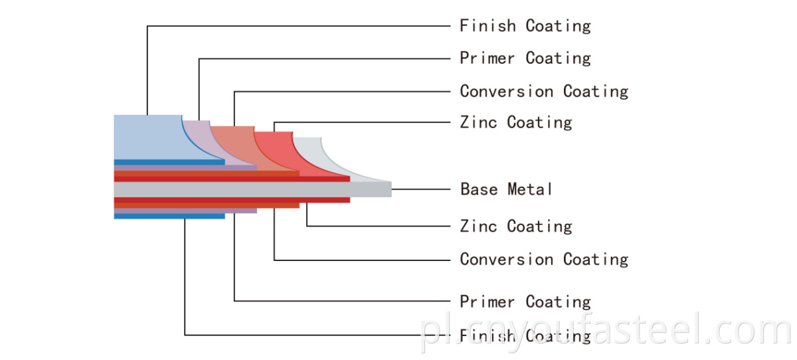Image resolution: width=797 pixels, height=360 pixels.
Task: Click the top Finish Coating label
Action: (x=525, y=26)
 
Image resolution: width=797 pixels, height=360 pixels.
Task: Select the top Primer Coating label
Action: (x=525, y=58)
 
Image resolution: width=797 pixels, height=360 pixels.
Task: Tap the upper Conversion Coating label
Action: (x=544, y=92)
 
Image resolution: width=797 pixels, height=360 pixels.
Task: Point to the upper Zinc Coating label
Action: (x=516, y=122)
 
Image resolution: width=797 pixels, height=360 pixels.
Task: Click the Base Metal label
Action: (x=506, y=189)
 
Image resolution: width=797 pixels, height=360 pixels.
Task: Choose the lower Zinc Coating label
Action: (x=516, y=226)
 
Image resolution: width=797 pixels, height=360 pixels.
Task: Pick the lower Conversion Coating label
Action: (x=544, y=259)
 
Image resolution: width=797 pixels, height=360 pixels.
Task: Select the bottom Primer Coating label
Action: (x=525, y=302)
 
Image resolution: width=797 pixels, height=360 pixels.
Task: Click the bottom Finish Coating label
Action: (x=525, y=336)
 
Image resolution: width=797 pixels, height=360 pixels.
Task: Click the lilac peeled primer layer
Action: (x=207, y=142)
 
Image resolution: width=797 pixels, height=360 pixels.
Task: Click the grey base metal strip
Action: (x=252, y=189)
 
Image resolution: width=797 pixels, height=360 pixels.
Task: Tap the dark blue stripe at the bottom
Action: (x=169, y=217)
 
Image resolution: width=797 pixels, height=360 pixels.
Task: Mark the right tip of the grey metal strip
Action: (x=391, y=189)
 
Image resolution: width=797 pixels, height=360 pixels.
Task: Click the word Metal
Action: (x=530, y=189)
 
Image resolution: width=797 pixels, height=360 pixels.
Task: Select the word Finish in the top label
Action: (x=487, y=26)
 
